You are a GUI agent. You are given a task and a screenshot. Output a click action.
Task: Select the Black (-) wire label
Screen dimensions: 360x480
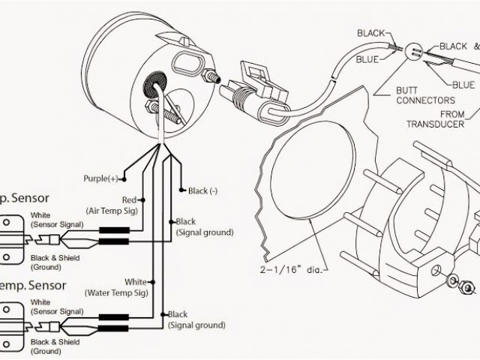202,191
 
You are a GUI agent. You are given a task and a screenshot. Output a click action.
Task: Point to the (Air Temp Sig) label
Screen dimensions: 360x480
113,212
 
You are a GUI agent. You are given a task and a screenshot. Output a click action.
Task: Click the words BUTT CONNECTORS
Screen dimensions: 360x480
424,94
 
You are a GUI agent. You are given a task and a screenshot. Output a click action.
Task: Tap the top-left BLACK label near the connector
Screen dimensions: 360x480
370,33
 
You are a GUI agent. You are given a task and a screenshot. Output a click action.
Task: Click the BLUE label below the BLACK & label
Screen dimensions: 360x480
463,84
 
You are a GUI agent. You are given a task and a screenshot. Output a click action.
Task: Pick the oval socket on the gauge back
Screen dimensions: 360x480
189,64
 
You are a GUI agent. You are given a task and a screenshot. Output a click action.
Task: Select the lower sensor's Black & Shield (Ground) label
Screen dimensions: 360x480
55,346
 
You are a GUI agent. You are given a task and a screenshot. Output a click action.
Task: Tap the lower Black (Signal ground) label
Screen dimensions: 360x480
196,319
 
